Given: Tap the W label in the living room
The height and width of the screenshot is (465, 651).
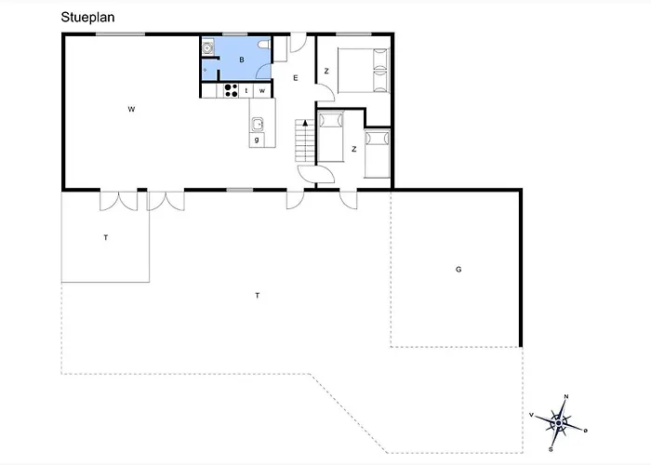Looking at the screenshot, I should pyautogui.click(x=132, y=110).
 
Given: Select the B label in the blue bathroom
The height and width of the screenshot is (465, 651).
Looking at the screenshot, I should pyautogui.click(x=241, y=60).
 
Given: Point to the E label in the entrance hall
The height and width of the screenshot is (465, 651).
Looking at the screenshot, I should pyautogui.click(x=295, y=78).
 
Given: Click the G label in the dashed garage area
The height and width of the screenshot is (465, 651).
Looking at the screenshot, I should pyautogui.click(x=458, y=269).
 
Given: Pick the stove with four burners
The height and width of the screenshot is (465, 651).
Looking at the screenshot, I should pyautogui.click(x=231, y=90).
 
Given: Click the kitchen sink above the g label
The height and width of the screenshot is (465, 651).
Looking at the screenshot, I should pyautogui.click(x=258, y=122).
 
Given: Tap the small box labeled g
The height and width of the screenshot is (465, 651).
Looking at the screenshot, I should pyautogui.click(x=257, y=139).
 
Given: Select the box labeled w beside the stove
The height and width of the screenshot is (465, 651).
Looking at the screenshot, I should pyautogui.click(x=263, y=90).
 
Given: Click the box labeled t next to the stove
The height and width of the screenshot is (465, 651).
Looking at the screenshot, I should pyautogui.click(x=247, y=90).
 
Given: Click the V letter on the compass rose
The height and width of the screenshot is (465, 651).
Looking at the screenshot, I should pyautogui.click(x=531, y=415).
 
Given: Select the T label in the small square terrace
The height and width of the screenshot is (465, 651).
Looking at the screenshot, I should pyautogui.click(x=106, y=238).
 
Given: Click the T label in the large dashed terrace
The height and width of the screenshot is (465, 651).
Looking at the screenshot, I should pyautogui.click(x=257, y=295).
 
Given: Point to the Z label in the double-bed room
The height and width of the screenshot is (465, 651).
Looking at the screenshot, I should pyautogui.click(x=326, y=71).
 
